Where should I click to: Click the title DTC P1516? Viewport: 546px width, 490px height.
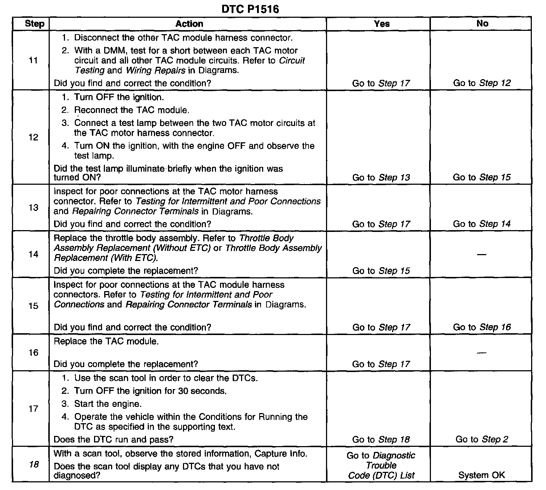click(250, 9)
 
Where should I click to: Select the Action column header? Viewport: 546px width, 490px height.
click(189, 24)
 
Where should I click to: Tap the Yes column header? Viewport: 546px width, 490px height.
click(382, 24)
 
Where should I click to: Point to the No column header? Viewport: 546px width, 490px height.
click(482, 24)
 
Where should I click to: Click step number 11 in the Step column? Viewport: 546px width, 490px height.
click(33, 60)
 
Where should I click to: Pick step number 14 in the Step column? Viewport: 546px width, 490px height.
click(33, 254)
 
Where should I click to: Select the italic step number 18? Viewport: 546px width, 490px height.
click(33, 465)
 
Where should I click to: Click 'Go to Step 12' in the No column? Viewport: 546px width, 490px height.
click(482, 83)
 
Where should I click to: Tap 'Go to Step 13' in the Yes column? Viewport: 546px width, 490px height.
click(381, 177)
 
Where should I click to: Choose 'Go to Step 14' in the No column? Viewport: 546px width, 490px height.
click(482, 224)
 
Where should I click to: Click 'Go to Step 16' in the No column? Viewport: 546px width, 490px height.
click(482, 327)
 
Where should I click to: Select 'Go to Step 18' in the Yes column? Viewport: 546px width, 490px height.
click(381, 440)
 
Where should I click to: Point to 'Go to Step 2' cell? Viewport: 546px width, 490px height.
click(482, 440)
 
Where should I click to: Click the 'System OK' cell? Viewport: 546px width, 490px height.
click(481, 475)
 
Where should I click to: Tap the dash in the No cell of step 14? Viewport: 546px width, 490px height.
click(481, 254)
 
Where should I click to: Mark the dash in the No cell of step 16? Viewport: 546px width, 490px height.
click(481, 353)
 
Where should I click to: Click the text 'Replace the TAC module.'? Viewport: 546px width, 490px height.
click(106, 342)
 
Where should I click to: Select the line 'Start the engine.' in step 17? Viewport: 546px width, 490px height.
click(108, 404)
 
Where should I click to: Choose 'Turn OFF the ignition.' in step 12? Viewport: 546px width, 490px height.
click(119, 97)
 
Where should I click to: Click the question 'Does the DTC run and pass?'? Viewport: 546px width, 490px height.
click(113, 440)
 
